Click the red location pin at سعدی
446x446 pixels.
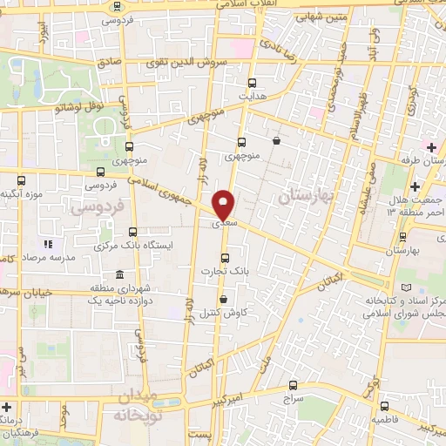click(x=224, y=206)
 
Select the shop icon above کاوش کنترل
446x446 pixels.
click(x=225, y=299)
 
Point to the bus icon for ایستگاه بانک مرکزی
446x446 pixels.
click(x=132, y=232)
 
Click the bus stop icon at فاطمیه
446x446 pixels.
click(x=384, y=405)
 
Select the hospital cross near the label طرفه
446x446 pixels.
click(x=431, y=146)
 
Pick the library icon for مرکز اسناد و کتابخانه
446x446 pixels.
click(x=402, y=287)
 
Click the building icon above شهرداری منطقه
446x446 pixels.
click(x=119, y=275)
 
